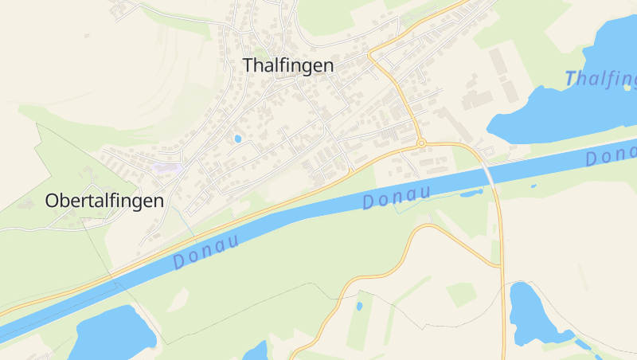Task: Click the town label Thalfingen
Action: point(287,65)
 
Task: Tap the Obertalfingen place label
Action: point(104,201)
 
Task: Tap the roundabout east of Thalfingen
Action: point(420,143)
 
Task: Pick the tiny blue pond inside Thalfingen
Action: point(237,139)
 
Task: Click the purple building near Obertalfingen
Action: point(168,168)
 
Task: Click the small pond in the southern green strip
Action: point(359,306)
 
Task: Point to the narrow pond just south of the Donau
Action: point(471,192)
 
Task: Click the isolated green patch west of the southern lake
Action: point(461,294)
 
